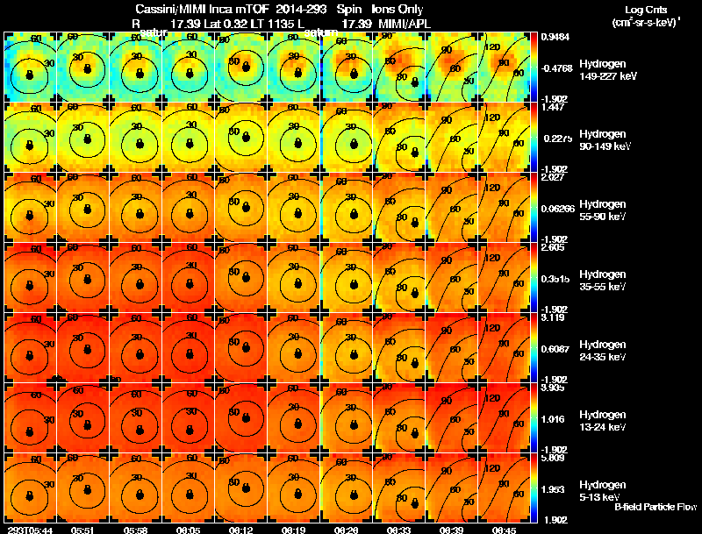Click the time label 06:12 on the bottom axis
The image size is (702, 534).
pyautogui.click(x=240, y=530)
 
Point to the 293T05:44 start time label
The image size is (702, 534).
pyautogui.click(x=28, y=530)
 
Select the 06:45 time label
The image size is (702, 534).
pyautogui.click(x=504, y=530)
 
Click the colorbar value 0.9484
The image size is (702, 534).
pyautogui.click(x=554, y=37)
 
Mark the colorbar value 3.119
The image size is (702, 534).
pyautogui.click(x=552, y=318)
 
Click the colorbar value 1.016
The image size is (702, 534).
pyautogui.click(x=552, y=419)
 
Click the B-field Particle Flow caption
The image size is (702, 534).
pyautogui.click(x=655, y=507)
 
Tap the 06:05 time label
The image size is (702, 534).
pyautogui.click(x=188, y=530)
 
